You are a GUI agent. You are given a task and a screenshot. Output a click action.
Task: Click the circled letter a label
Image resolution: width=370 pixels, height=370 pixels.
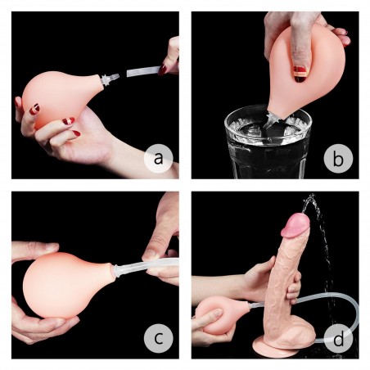click(x=158, y=158)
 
